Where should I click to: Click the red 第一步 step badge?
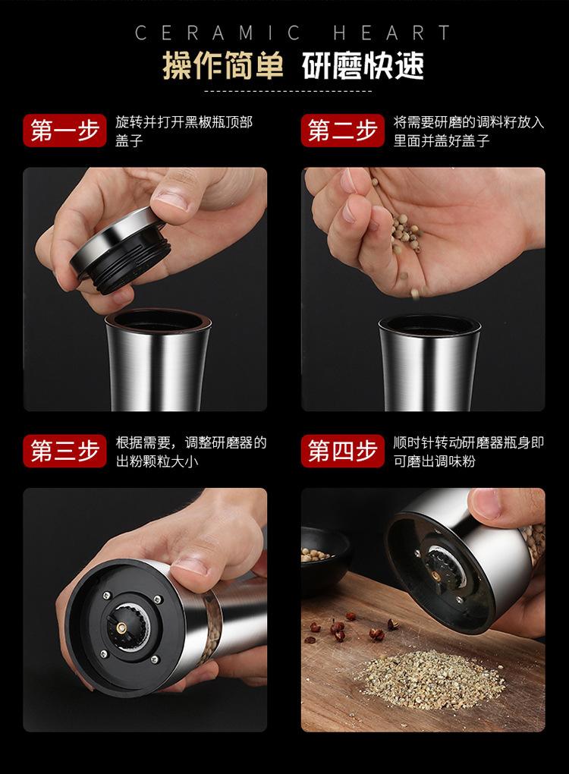[x=64, y=131]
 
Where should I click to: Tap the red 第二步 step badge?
[x=342, y=131]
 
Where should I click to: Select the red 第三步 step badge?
[x=64, y=451]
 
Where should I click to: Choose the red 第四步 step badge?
[x=342, y=451]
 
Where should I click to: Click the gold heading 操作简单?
[x=223, y=66]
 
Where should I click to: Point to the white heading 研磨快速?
[x=363, y=66]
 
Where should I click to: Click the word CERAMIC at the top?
[x=218, y=33]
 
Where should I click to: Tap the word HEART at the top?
[x=391, y=33]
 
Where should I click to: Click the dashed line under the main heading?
[x=288, y=91]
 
